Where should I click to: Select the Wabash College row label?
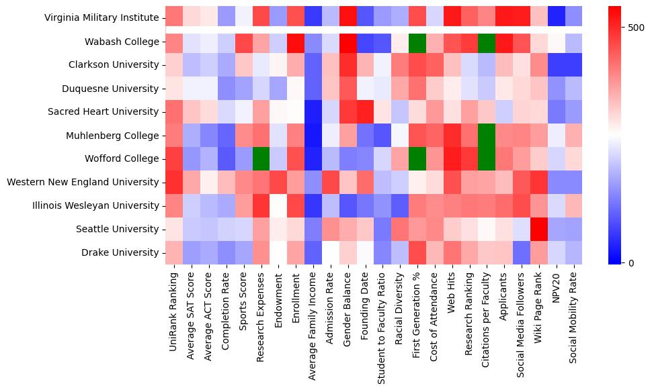click(122, 42)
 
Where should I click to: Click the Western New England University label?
click(83, 182)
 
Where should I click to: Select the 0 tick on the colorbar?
click(631, 262)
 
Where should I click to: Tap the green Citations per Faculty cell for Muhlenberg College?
click(488, 136)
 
